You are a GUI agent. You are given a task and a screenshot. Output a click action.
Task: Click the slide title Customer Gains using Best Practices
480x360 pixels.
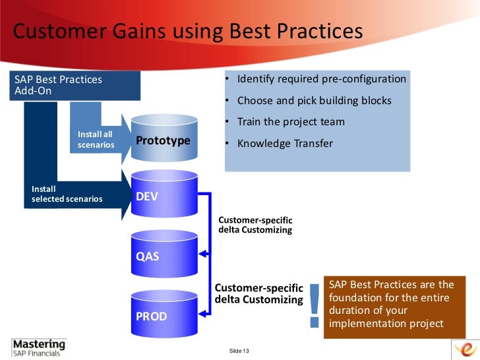pyautogui.click(x=189, y=32)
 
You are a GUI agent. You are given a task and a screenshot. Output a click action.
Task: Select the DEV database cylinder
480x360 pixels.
pyautogui.click(x=164, y=196)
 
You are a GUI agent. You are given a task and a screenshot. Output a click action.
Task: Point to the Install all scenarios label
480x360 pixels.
pyautogui.click(x=96, y=140)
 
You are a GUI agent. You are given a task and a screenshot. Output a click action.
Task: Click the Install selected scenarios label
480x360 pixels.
pyautogui.click(x=67, y=194)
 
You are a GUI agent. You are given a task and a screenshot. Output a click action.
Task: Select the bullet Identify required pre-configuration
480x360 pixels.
pyautogui.click(x=321, y=80)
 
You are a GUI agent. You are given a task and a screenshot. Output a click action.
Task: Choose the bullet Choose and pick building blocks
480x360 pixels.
pyautogui.click(x=314, y=101)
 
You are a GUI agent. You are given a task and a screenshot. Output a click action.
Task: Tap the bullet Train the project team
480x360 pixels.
pyautogui.click(x=291, y=122)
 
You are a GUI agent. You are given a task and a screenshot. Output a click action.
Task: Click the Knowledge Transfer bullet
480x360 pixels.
pyautogui.click(x=285, y=143)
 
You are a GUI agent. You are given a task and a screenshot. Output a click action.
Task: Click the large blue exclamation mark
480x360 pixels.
pyautogui.click(x=314, y=305)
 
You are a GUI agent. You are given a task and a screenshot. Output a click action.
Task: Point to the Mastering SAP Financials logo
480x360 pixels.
pyautogui.click(x=39, y=347)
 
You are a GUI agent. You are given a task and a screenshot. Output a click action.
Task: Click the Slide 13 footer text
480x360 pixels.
pyautogui.click(x=239, y=349)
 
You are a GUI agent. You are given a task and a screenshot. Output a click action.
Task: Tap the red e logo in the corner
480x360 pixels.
pyautogui.click(x=465, y=349)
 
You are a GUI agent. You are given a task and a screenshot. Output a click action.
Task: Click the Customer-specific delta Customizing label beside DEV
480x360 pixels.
pyautogui.click(x=255, y=225)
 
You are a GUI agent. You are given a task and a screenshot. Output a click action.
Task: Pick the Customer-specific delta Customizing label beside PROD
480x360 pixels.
pyautogui.click(x=259, y=294)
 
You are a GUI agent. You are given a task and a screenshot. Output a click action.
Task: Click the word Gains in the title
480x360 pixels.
pyautogui.click(x=138, y=32)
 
